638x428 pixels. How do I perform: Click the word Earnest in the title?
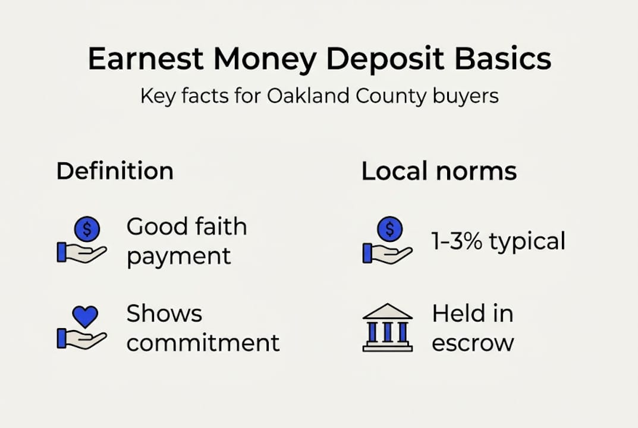click(x=145, y=59)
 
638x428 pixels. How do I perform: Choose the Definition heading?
click(x=115, y=171)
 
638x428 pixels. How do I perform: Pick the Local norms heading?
click(x=439, y=171)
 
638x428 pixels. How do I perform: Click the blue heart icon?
click(x=84, y=317)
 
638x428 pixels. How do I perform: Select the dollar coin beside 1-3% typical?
click(x=389, y=227)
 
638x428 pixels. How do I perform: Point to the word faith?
click(x=217, y=227)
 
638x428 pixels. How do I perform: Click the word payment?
click(x=178, y=257)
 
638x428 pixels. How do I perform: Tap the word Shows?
click(x=164, y=314)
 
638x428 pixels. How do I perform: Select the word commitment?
click(x=203, y=343)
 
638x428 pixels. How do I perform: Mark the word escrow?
click(x=473, y=343)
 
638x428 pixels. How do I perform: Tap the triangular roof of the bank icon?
click(x=387, y=311)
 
